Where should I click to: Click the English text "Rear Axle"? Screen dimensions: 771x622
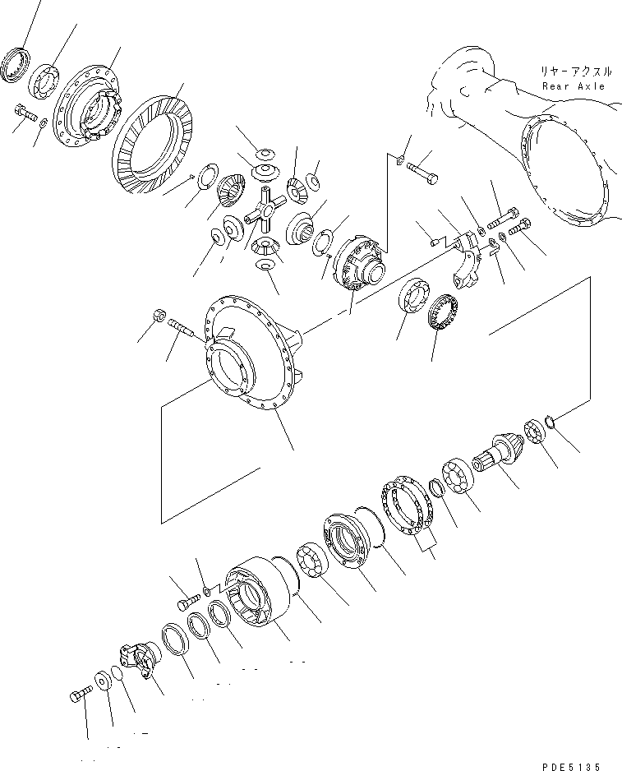[x=573, y=85]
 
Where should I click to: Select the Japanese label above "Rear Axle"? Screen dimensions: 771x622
[x=573, y=72]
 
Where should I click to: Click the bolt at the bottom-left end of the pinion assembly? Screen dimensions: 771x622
[x=79, y=698]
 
